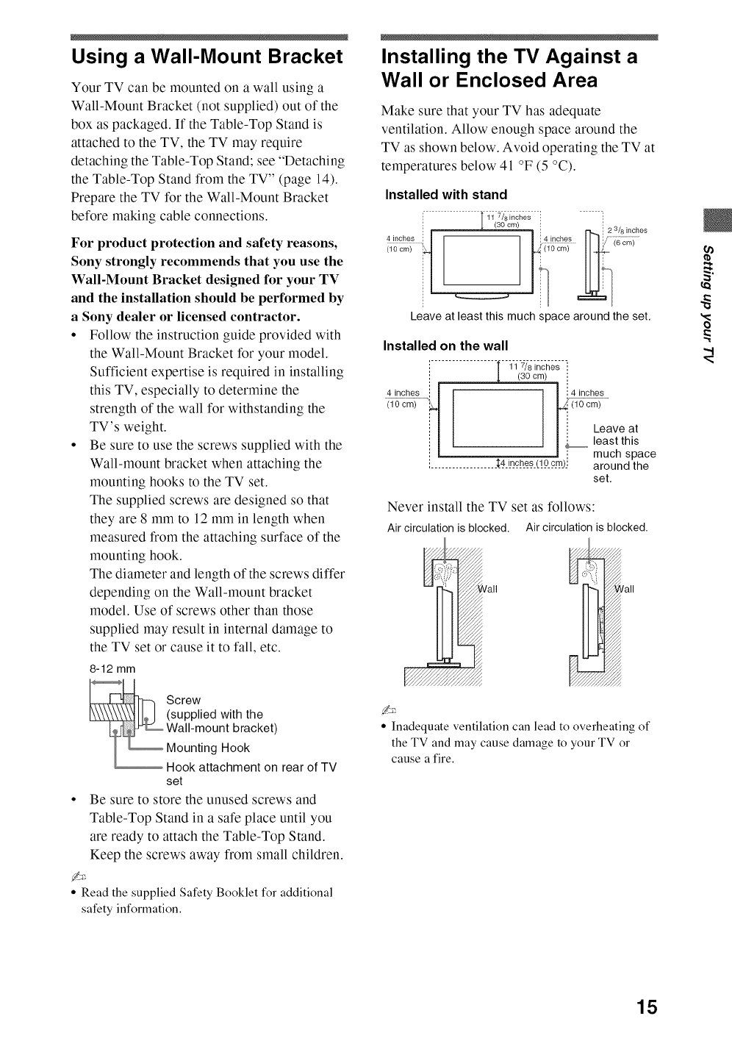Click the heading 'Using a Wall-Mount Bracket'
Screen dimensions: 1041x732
[207, 57]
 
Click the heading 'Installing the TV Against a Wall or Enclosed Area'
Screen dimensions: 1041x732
[509, 68]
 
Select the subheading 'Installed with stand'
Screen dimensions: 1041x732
[446, 195]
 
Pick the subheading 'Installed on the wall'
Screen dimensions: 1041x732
[446, 346]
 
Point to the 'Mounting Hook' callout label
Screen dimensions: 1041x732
[208, 748]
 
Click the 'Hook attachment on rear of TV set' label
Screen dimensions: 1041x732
[251, 773]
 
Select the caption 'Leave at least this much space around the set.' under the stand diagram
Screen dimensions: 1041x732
[531, 317]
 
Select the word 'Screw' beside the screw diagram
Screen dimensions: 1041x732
[184, 700]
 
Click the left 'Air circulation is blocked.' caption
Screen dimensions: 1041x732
[448, 528]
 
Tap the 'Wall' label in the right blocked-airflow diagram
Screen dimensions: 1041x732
[626, 589]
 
